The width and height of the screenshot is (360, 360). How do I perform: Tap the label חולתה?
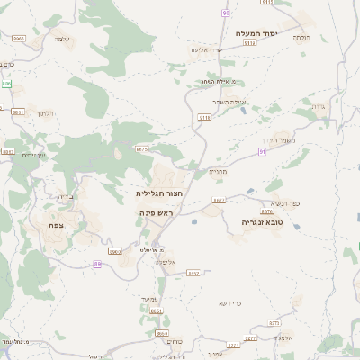coord(301,37)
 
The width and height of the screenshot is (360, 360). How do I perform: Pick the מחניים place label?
coord(220,170)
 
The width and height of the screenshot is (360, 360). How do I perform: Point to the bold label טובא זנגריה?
coord(262,221)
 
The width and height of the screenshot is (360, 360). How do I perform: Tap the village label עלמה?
coord(61,39)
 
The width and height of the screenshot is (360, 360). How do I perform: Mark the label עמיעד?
coord(149,298)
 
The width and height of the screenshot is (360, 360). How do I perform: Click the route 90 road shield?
coord(225,13)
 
